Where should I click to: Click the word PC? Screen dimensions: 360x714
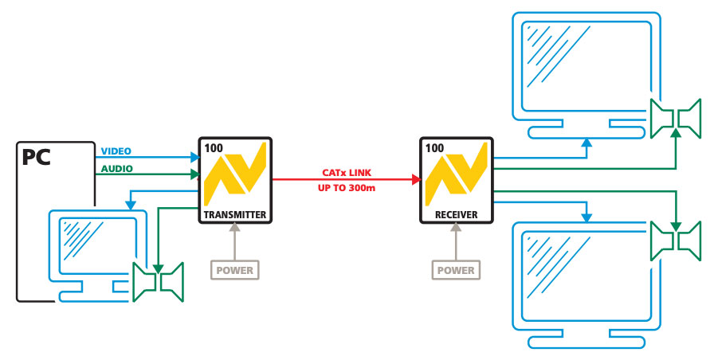(x=37, y=157)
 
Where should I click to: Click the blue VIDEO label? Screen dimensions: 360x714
(x=116, y=151)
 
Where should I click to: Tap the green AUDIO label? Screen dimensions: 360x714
(x=116, y=168)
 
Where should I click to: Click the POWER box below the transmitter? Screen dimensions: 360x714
(x=234, y=270)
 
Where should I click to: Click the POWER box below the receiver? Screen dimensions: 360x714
(x=456, y=270)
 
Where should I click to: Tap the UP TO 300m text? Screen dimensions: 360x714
(x=347, y=188)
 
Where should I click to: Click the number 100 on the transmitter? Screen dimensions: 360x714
(x=214, y=148)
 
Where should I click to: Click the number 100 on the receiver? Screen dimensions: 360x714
(x=435, y=148)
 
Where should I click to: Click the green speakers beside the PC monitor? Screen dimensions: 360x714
(x=159, y=281)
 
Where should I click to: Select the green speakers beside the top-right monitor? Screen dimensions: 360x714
(x=675, y=119)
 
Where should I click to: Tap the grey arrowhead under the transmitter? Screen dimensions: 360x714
(x=234, y=228)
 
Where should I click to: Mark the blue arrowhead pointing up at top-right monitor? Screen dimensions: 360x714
(x=586, y=143)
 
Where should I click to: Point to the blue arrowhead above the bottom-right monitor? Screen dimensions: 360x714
(x=586, y=217)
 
